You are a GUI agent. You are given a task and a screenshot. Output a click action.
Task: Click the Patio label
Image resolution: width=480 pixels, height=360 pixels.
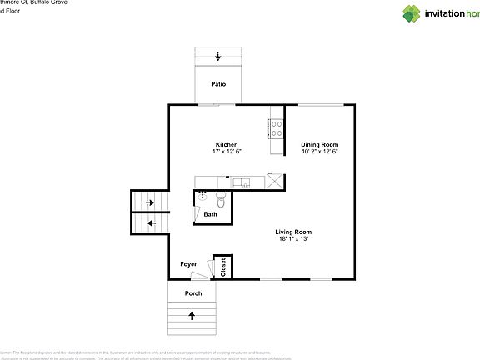(218, 84)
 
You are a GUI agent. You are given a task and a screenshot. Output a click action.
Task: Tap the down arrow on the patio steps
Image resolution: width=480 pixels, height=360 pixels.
(218, 57)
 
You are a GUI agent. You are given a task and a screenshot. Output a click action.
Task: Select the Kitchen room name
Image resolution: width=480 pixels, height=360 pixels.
(227, 144)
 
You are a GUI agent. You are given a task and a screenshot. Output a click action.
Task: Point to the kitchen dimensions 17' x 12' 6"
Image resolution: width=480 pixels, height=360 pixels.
(227, 152)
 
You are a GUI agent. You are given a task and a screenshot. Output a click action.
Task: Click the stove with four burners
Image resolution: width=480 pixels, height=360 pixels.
(276, 128)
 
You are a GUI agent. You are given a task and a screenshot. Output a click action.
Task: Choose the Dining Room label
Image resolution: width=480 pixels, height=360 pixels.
(319, 144)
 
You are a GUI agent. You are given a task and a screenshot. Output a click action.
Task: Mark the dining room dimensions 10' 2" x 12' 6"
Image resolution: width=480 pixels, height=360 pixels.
(319, 152)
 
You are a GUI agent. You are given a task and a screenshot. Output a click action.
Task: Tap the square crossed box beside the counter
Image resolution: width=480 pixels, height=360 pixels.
(275, 181)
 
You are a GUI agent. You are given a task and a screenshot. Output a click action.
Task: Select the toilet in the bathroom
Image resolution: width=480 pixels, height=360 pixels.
(220, 201)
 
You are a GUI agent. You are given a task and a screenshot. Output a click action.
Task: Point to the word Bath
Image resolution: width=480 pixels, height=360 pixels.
(210, 214)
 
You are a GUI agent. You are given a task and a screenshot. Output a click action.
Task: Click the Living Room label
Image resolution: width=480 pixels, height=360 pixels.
(293, 232)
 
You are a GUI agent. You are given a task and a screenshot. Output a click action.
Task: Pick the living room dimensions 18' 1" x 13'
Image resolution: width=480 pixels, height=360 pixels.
(293, 239)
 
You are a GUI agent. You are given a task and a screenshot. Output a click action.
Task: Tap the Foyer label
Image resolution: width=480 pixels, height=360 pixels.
(189, 264)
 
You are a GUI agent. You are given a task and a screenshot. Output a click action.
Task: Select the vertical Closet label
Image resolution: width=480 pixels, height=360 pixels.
(222, 266)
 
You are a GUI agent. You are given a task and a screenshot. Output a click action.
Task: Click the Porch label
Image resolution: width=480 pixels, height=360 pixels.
(193, 293)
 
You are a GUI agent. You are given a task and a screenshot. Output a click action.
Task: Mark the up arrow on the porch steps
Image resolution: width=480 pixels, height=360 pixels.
(192, 316)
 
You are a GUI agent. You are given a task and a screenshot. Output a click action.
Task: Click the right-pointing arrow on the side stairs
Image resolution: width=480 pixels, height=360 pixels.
(150, 202)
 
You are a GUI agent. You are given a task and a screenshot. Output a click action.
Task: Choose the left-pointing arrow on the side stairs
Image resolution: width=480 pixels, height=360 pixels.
(150, 223)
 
